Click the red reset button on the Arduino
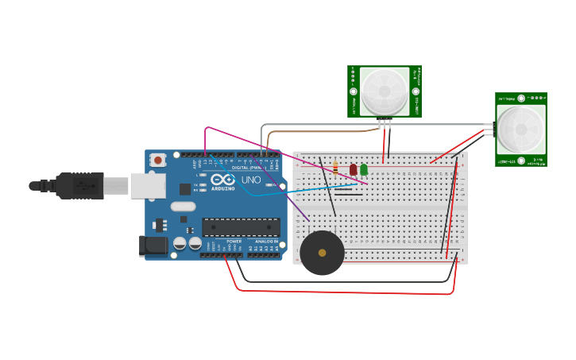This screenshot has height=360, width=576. pyautogui.click(x=157, y=160)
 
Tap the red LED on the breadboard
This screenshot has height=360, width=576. pyautogui.click(x=354, y=169)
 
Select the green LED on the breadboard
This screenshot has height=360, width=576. pyautogui.click(x=364, y=169)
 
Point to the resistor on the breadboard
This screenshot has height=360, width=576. pyautogui.click(x=335, y=168)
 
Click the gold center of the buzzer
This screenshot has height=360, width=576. pyautogui.click(x=322, y=253)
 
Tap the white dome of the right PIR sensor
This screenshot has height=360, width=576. pyautogui.click(x=521, y=129)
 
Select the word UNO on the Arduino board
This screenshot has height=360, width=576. pyautogui.click(x=250, y=180)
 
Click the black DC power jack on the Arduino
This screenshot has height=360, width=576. pyautogui.click(x=153, y=246)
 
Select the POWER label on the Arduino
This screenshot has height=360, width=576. pyautogui.click(x=234, y=241)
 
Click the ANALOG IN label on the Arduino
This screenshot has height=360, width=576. pyautogui.click(x=267, y=241)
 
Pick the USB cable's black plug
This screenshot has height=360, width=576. pyautogui.click(x=80, y=186)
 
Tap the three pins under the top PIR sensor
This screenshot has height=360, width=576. pyautogui.click(x=385, y=122)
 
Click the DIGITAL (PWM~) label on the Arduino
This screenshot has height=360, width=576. pyautogui.click(x=248, y=168)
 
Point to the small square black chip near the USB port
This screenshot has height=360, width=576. pyautogui.click(x=185, y=189)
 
